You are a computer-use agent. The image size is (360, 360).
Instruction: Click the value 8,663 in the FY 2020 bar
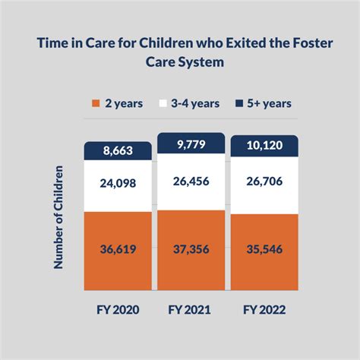118,151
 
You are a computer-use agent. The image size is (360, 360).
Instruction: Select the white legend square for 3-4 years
163,103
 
